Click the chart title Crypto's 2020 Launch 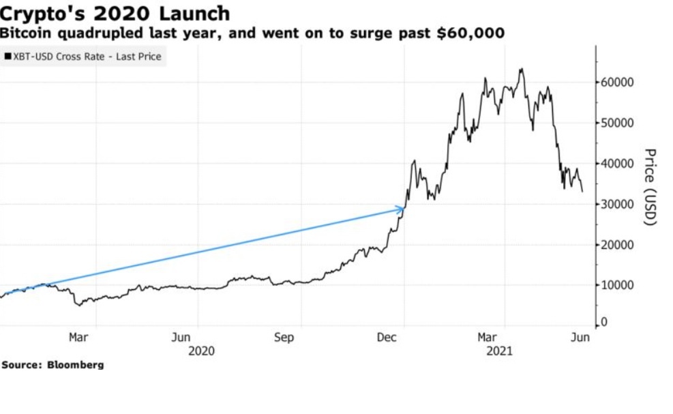[115, 14]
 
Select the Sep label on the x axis [284, 337]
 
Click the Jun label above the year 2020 [181, 337]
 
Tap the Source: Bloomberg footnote [53, 365]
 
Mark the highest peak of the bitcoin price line [522, 69]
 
